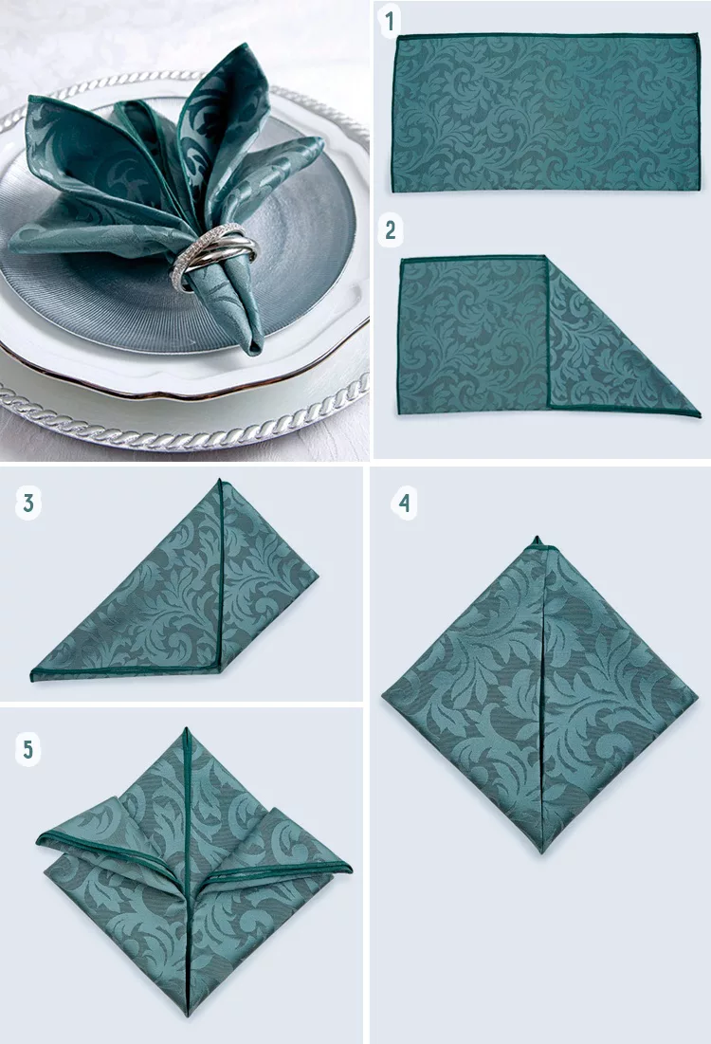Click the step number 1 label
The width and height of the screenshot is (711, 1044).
point(391,21)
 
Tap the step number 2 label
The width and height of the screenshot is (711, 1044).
point(391,230)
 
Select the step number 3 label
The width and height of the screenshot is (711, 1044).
point(27,503)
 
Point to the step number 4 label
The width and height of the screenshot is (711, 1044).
point(404,503)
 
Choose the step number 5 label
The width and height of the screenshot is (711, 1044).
point(27,750)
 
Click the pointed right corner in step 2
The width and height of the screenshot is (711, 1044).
point(699,415)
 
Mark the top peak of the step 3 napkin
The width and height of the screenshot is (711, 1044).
point(220,481)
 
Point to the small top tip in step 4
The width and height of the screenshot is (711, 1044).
point(537,538)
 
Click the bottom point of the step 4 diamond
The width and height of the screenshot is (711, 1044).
point(542,852)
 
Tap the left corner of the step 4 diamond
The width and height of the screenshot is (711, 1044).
point(383,695)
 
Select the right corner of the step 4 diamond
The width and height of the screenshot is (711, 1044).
point(697,696)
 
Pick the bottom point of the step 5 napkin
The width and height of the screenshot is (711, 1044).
point(189,1014)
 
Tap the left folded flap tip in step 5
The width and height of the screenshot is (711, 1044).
point(40,837)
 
